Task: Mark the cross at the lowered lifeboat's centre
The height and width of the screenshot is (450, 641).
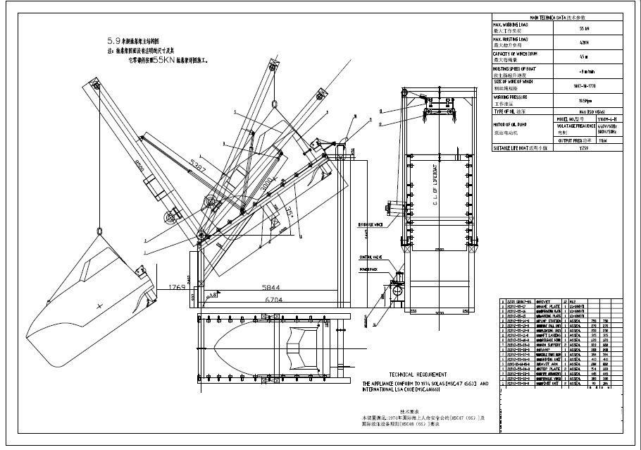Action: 100,305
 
